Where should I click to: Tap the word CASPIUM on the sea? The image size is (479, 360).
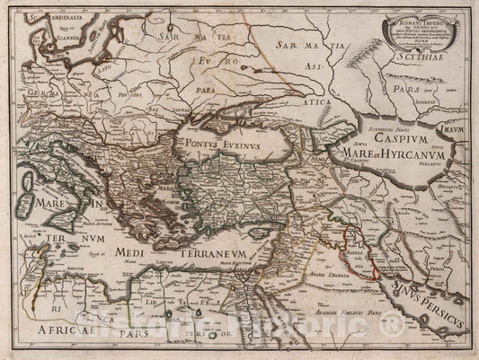coord(377,141)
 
